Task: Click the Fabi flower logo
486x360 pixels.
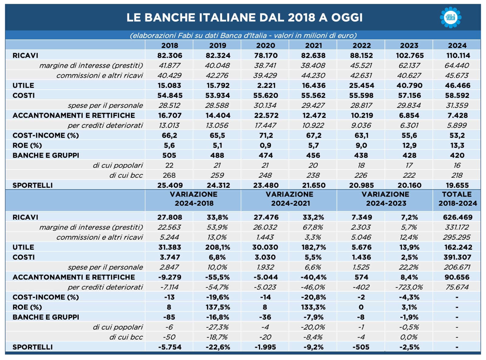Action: pos(451,17)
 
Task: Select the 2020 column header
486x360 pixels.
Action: pos(265,45)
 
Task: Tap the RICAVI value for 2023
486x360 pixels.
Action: pos(410,56)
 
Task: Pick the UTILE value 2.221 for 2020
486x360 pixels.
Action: pos(266,85)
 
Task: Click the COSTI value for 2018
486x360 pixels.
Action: pos(169,95)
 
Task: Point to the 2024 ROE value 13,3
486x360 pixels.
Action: pos(457,145)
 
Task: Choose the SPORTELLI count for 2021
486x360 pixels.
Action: pos(314,185)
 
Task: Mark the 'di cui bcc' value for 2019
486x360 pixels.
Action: pos(217,175)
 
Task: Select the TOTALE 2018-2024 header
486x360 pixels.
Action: pos(457,199)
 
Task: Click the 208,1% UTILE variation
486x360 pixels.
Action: pos(217,247)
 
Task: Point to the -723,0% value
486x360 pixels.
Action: pos(409,287)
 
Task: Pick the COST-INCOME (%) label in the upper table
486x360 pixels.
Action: pos(46,135)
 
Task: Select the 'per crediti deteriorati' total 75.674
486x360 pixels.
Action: pos(457,287)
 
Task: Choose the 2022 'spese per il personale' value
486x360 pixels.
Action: pos(361,105)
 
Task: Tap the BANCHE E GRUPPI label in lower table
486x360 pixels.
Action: pos(46,317)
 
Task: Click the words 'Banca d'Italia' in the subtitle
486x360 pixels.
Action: pos(243,35)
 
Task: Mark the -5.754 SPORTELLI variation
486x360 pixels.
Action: pos(170,347)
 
